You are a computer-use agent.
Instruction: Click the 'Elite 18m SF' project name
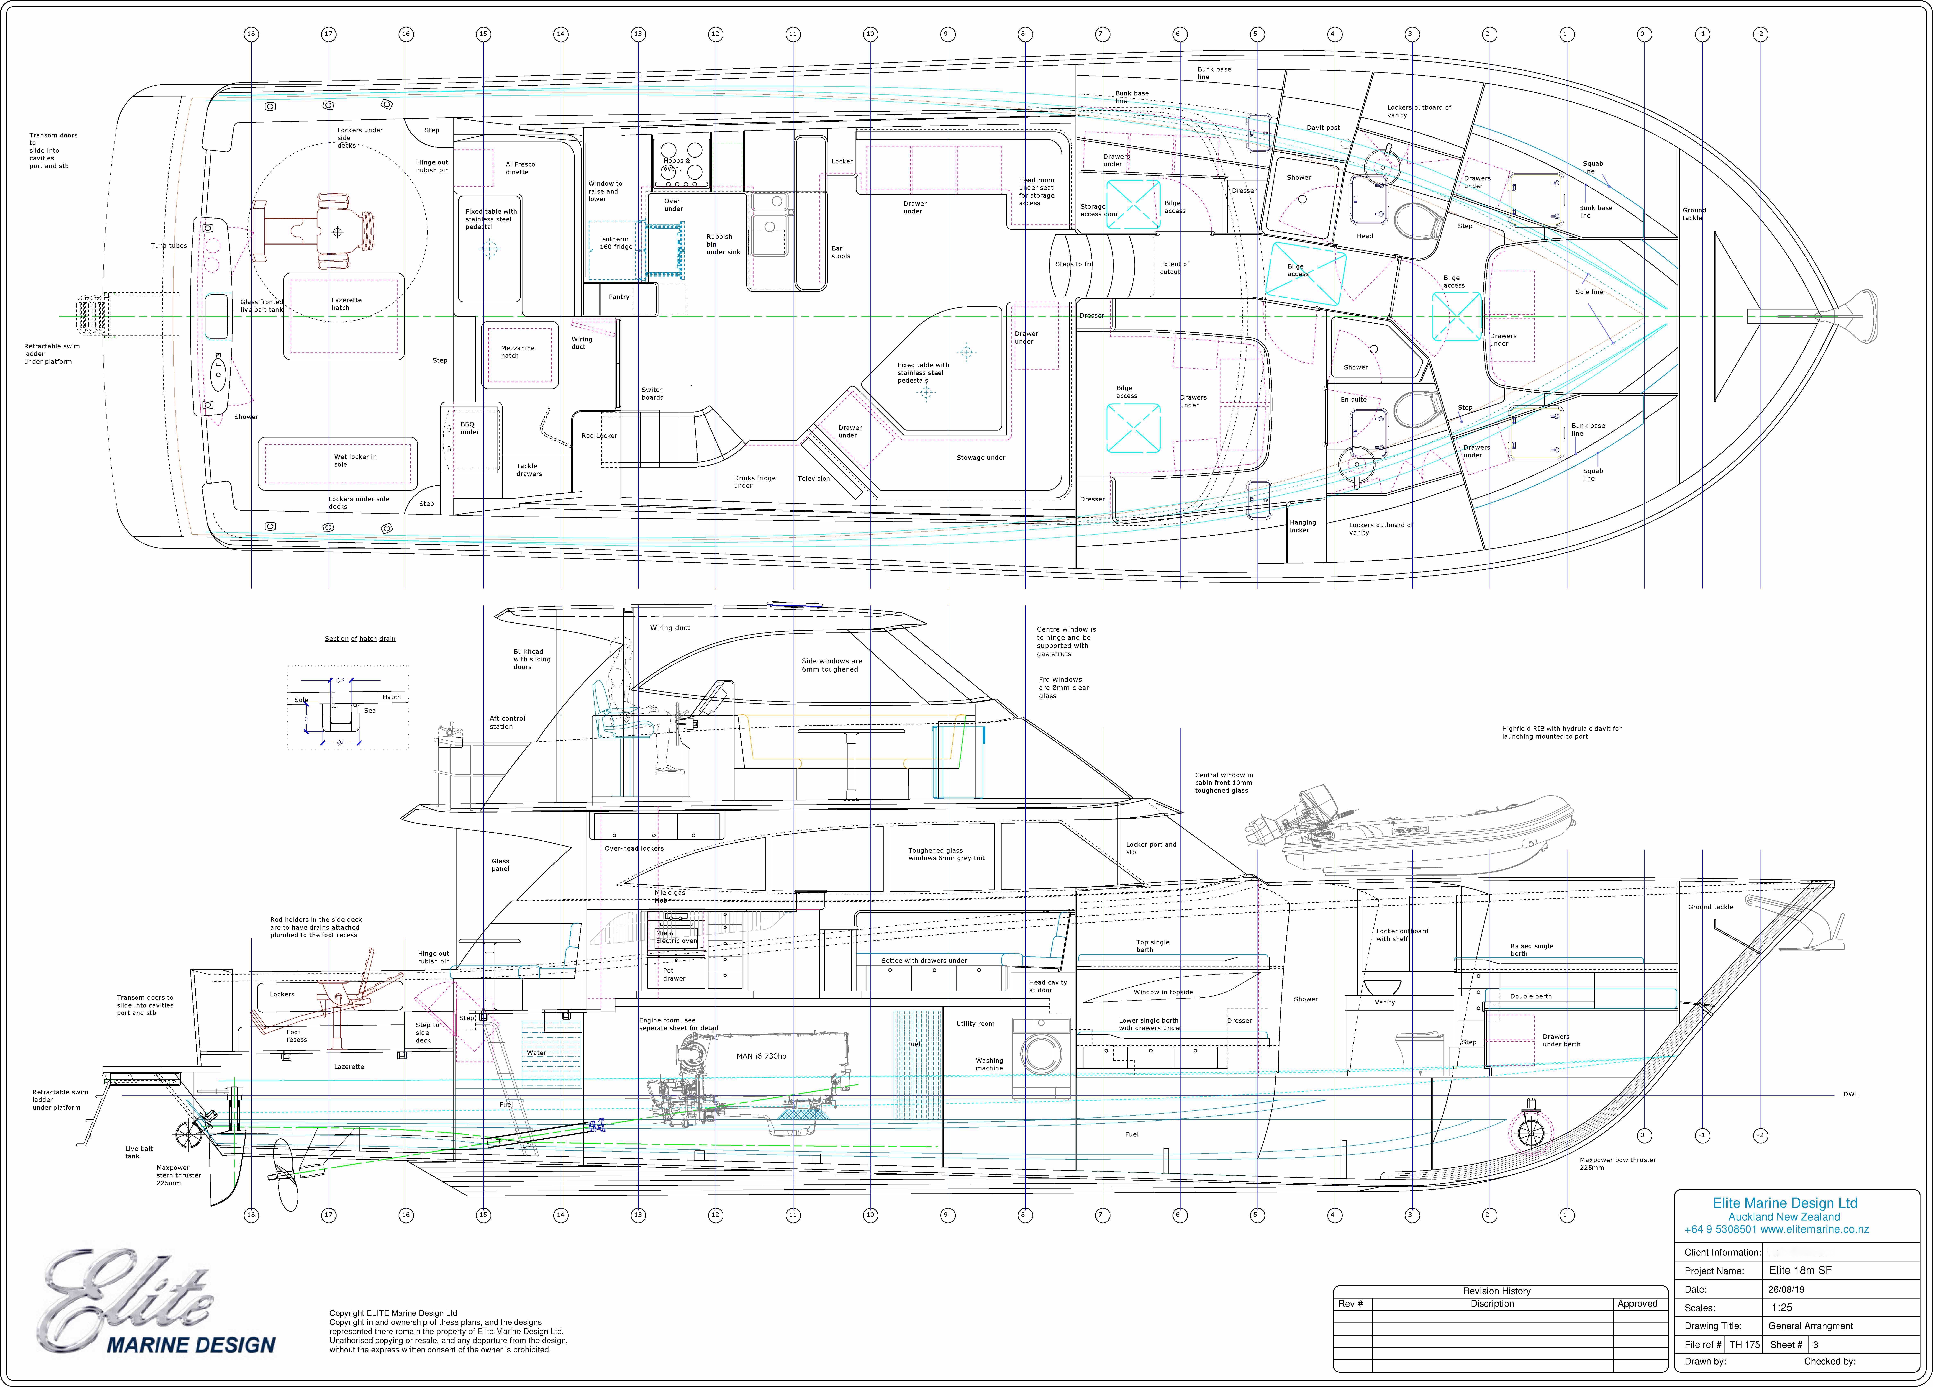[1800, 1270]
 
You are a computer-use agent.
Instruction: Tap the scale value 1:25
[1781, 1307]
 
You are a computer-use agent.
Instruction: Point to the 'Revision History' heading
[1497, 1291]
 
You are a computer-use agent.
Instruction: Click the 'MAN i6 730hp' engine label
[761, 1056]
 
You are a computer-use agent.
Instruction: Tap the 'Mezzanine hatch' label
[517, 351]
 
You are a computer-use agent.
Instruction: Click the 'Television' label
[813, 478]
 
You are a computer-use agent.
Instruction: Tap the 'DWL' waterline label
[1850, 1094]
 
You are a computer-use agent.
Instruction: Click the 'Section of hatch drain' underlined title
[360, 639]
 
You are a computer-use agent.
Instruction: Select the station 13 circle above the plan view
[638, 34]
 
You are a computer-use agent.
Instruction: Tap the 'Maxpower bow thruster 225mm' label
[1617, 1164]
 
